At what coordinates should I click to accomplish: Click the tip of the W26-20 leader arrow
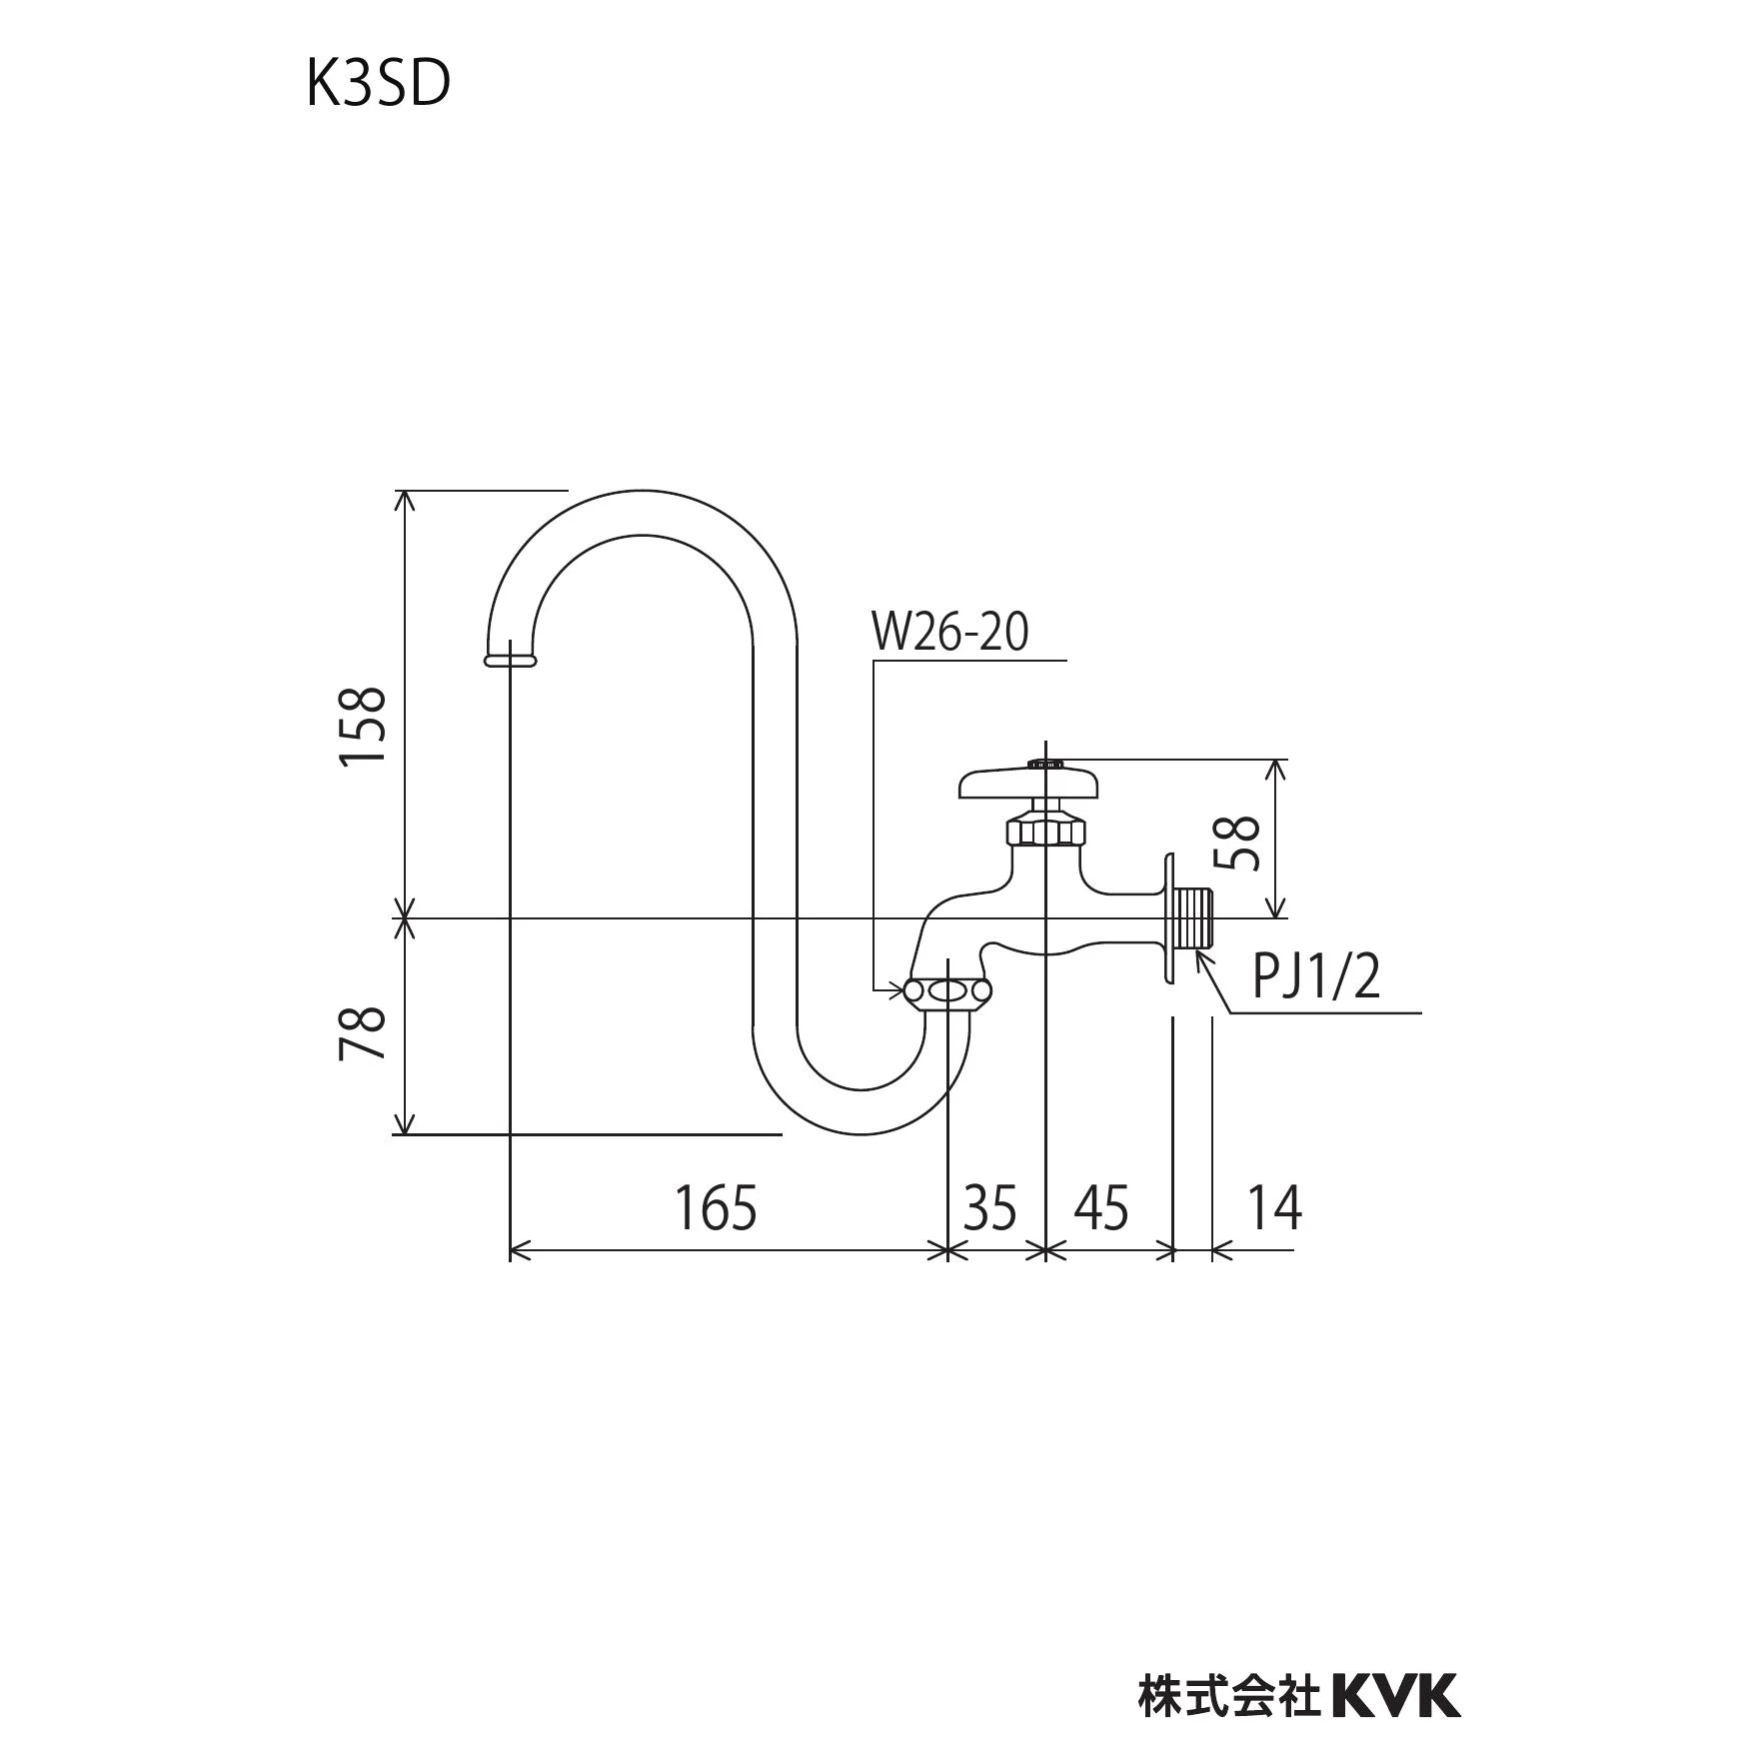[903, 990]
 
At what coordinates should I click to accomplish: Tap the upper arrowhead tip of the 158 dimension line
[404, 491]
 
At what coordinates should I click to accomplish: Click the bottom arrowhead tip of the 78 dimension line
[404, 1134]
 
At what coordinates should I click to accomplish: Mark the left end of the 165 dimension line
[511, 1249]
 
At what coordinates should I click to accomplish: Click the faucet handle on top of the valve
[1029, 782]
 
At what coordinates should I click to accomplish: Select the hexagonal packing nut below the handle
[1045, 831]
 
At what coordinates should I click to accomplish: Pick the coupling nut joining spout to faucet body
[946, 991]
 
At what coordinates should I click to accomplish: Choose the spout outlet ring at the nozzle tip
[511, 659]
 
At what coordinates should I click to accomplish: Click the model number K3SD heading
[379, 86]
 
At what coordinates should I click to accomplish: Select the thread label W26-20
[950, 633]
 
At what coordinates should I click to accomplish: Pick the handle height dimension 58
[1237, 842]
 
